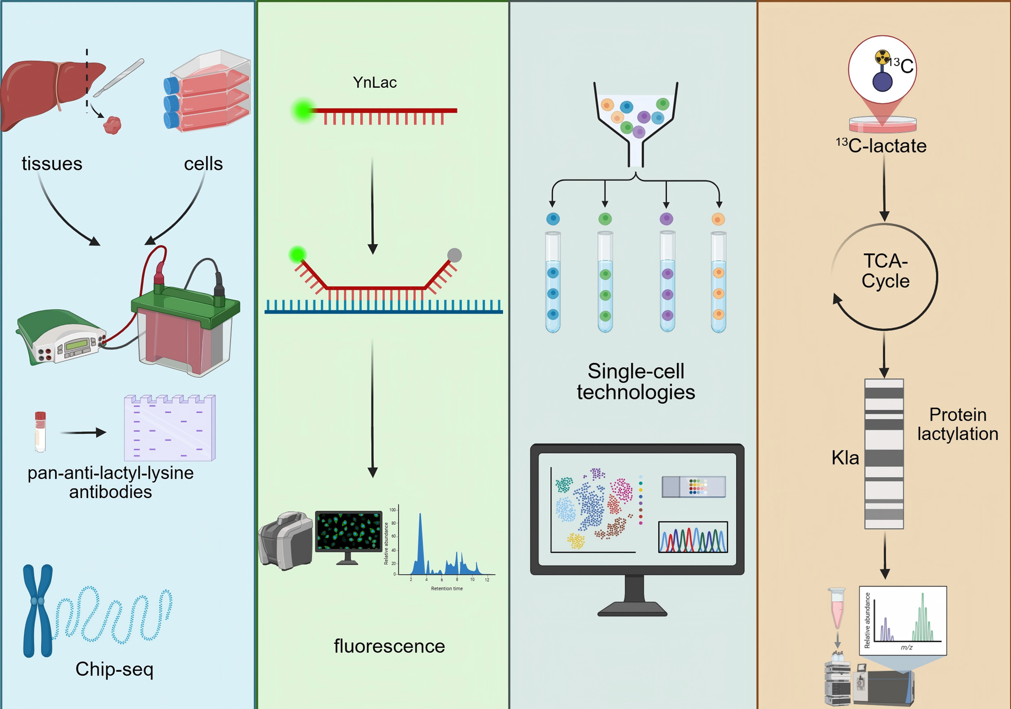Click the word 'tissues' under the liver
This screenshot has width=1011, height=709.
click(52, 164)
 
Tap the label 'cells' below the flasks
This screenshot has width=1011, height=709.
click(203, 164)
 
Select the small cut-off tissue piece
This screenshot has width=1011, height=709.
click(112, 125)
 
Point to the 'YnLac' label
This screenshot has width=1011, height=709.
click(375, 82)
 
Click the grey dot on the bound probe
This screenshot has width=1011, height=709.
click(454, 255)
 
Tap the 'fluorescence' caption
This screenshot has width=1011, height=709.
click(389, 646)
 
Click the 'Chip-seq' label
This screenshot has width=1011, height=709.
click(114, 670)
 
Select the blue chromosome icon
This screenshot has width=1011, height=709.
click(38, 610)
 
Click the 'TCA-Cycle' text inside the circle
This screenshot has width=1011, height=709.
click(885, 271)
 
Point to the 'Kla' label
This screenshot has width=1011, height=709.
click(845, 458)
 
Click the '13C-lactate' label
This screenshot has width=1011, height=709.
click(881, 145)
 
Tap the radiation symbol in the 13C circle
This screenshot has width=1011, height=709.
click(882, 57)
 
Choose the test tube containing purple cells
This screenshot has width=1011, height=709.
click(667, 282)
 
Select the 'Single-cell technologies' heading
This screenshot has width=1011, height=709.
click(636, 382)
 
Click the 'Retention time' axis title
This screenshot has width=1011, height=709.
click(447, 588)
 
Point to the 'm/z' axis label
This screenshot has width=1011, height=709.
click(906, 647)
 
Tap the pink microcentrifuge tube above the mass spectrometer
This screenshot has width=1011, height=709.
click(837, 608)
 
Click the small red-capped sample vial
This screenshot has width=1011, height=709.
click(40, 431)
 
